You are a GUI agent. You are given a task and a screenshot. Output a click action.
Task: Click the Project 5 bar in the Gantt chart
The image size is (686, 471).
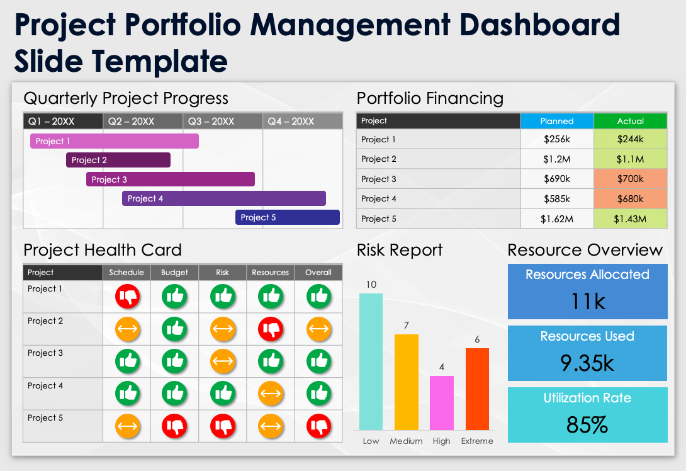point(288,217)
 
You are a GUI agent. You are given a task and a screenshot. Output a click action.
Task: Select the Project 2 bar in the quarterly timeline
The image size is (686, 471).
point(118,160)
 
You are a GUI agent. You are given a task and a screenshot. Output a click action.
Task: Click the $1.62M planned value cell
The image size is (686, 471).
point(557,218)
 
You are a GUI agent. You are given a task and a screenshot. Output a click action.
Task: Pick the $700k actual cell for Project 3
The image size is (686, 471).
point(630,179)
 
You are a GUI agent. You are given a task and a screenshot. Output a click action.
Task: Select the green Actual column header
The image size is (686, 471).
point(630,121)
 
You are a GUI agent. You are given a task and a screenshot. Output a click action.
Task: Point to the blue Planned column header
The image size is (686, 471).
point(557,121)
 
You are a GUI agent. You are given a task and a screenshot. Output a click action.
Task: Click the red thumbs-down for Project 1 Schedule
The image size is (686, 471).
point(127,296)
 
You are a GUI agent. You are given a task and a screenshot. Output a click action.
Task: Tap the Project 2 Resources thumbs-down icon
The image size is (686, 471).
point(271,328)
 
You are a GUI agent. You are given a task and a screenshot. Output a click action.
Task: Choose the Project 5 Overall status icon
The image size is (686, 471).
point(318,426)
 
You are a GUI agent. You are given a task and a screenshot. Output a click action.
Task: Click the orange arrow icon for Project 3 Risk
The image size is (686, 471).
point(223,361)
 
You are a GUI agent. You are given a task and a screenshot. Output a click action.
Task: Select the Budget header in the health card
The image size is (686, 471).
point(174,273)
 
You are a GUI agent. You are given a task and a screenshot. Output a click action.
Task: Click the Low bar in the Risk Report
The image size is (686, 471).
point(371,361)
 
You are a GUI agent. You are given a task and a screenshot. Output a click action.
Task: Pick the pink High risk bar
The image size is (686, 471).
point(442,402)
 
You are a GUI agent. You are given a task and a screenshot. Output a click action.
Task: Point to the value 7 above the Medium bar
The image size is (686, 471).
point(407,326)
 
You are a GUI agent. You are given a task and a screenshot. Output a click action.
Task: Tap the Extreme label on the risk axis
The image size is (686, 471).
point(477,441)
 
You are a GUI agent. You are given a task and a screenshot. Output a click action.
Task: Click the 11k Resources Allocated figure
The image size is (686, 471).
point(588,302)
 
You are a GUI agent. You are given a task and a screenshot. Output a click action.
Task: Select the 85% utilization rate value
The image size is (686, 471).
point(587,425)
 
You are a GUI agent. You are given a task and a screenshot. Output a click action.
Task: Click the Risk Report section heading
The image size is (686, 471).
point(400,250)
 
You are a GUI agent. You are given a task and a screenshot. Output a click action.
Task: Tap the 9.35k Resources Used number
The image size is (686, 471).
point(587,363)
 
